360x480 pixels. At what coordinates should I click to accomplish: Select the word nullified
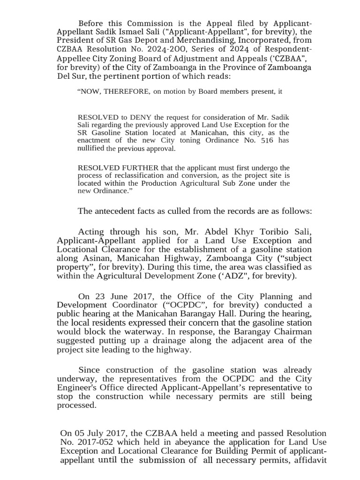tap(90, 149)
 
